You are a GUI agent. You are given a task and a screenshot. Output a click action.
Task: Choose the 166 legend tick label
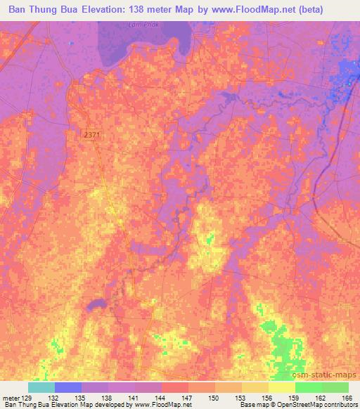pyautogui.click(x=346, y=397)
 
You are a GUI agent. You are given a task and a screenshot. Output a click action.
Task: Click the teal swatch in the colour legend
pyautogui.click(x=41, y=387)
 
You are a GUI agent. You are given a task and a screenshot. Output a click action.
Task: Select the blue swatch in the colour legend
pyautogui.click(x=68, y=387)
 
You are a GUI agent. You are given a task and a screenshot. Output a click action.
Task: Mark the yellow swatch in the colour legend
pyautogui.click(x=282, y=387)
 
